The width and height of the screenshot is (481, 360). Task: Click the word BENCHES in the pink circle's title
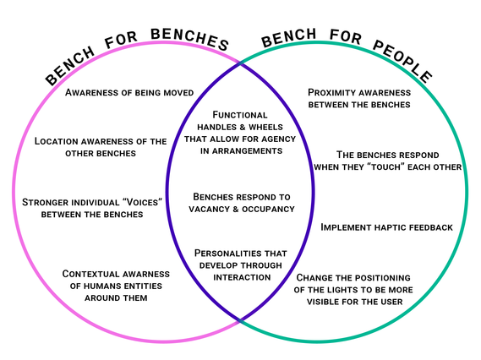pos(189,38)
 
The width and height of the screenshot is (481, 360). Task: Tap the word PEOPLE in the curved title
pos(402,61)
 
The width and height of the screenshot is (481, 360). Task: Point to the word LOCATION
pos(56,141)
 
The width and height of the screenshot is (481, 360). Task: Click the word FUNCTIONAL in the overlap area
pos(240,115)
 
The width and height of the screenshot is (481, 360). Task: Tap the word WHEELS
pos(265,128)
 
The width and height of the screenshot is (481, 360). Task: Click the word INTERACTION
pos(242,277)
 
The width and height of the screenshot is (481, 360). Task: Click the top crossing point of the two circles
pos(240,63)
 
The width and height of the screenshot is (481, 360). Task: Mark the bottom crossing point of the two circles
pos(240,321)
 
